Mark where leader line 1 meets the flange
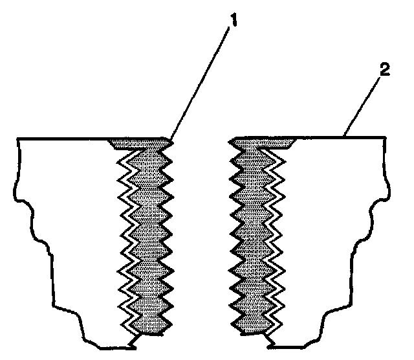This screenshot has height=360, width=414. pyautogui.click(x=171, y=138)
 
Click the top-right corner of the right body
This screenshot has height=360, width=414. pyautogui.click(x=389, y=138)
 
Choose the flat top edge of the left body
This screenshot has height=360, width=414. pyautogui.click(x=65, y=139)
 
